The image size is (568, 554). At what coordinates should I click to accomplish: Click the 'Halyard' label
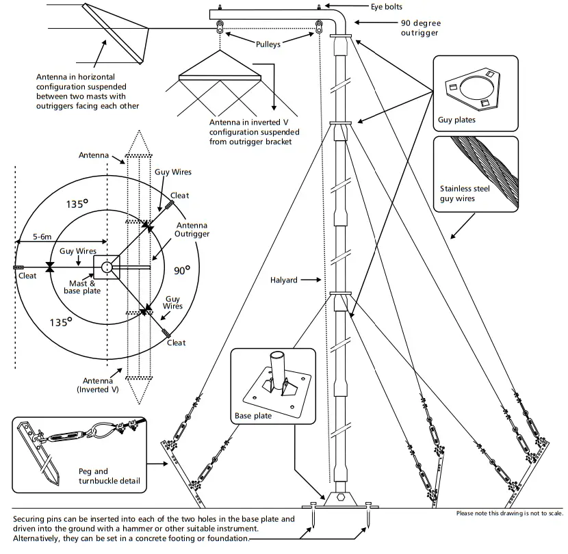pyautogui.click(x=283, y=280)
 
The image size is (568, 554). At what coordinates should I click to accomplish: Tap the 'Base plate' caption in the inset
pyautogui.click(x=253, y=415)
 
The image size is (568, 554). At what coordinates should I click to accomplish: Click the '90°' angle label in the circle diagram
pyautogui.click(x=181, y=271)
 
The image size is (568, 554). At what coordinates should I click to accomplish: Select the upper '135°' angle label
pyautogui.click(x=77, y=204)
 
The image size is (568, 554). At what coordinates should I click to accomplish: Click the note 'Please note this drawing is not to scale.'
pyautogui.click(x=509, y=513)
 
